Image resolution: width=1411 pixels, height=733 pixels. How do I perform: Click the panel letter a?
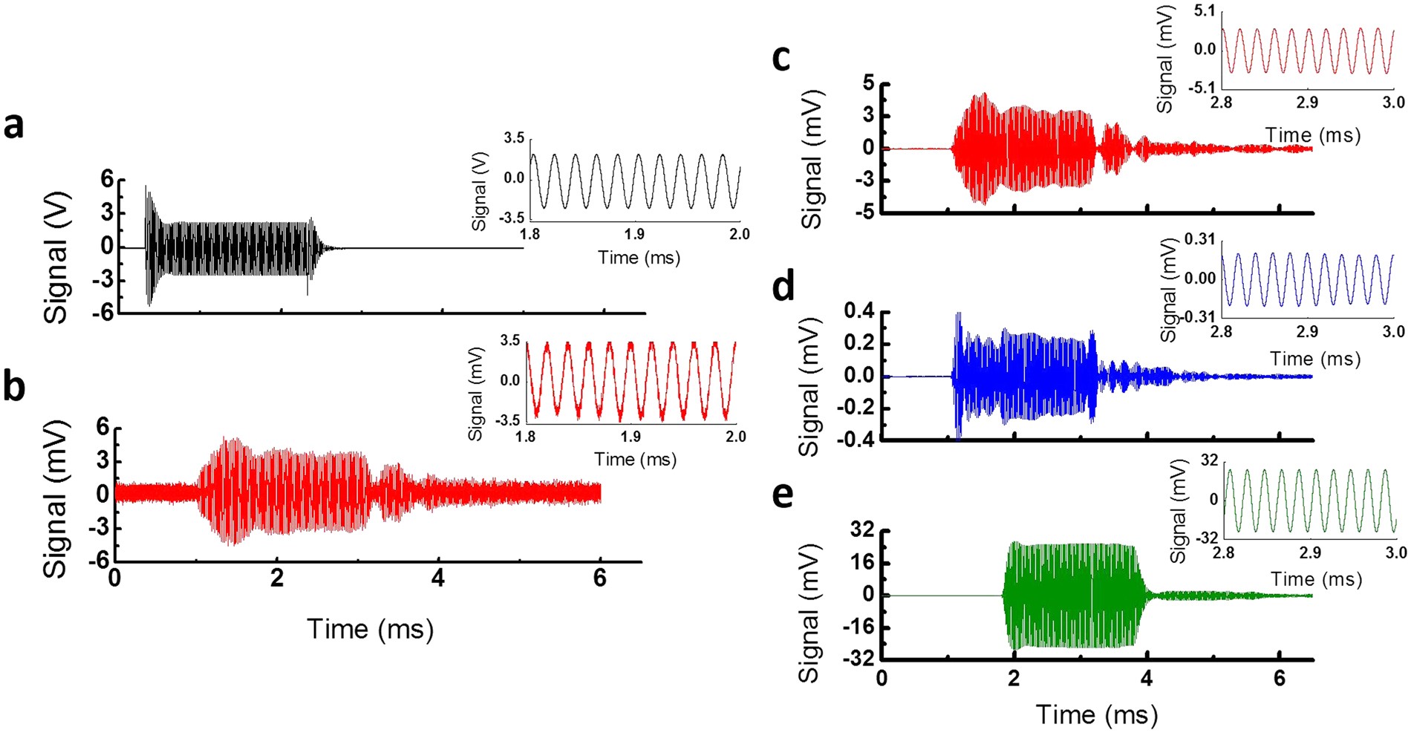[x=13, y=126]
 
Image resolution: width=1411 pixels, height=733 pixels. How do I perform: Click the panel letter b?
[x=14, y=387]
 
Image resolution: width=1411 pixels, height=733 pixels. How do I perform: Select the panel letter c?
[x=781, y=58]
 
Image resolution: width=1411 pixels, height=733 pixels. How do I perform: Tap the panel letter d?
[x=783, y=286]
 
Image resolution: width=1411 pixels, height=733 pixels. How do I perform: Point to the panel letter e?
[x=783, y=495]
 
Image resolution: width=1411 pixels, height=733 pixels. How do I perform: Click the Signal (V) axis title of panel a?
[x=57, y=257]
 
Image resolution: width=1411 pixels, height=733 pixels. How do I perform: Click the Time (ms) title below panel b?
[x=370, y=629]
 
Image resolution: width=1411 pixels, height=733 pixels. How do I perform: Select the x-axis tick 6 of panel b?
[x=600, y=578]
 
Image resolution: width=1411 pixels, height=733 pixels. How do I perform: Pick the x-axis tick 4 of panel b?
[x=438, y=578]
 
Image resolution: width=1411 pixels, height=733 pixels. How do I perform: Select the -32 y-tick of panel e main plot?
[x=857, y=659]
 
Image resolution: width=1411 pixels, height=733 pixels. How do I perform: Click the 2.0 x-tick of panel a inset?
[x=739, y=235]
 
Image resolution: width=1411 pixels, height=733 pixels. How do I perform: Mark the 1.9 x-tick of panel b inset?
[x=630, y=437]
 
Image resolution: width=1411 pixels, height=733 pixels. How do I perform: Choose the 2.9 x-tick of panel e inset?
[x=1310, y=553]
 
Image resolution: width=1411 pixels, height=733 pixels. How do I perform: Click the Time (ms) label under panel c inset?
[x=1313, y=135]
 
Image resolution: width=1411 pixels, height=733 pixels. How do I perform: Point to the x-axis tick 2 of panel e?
[x=1014, y=678]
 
